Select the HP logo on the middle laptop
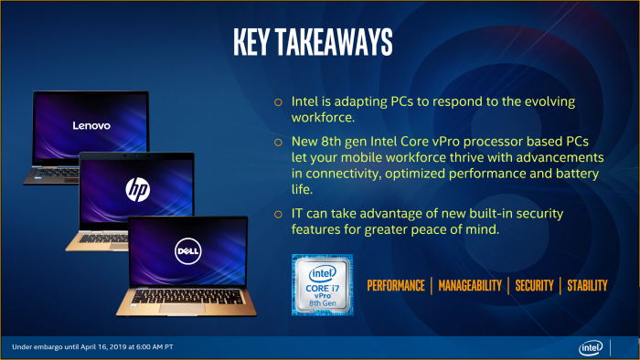[x=136, y=189]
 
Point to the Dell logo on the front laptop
[x=188, y=251]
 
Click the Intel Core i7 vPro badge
[x=322, y=285]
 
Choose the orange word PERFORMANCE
[x=396, y=286]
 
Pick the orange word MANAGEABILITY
[x=469, y=286]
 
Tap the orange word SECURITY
[x=534, y=286]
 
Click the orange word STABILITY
[x=587, y=286]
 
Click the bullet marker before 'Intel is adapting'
[x=278, y=101]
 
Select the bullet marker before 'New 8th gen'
[x=278, y=142]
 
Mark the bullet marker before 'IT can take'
[x=278, y=213]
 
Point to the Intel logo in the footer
[x=590, y=347]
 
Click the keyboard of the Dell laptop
[x=187, y=296]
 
